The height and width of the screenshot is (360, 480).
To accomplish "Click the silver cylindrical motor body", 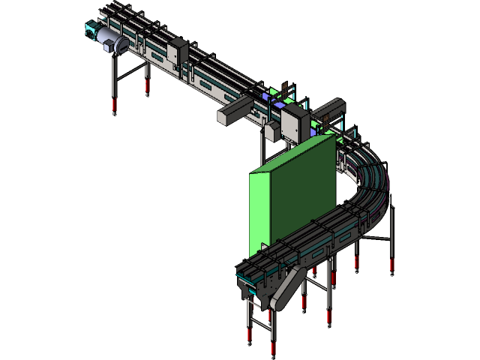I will pyautogui.click(x=112, y=41).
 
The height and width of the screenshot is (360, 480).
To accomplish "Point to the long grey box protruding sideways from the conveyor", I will pyautogui.click(x=233, y=115).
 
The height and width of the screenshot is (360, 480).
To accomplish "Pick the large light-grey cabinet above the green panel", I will pyautogui.click(x=295, y=122).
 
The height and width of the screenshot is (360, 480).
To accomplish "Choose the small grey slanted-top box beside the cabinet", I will pyautogui.click(x=271, y=133).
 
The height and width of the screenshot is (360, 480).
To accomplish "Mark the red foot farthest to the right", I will pyautogui.click(x=391, y=264).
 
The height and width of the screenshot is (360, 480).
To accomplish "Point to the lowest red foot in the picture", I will pyautogui.click(x=274, y=348).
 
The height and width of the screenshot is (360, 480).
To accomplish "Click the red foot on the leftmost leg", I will pyautogui.click(x=114, y=106).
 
